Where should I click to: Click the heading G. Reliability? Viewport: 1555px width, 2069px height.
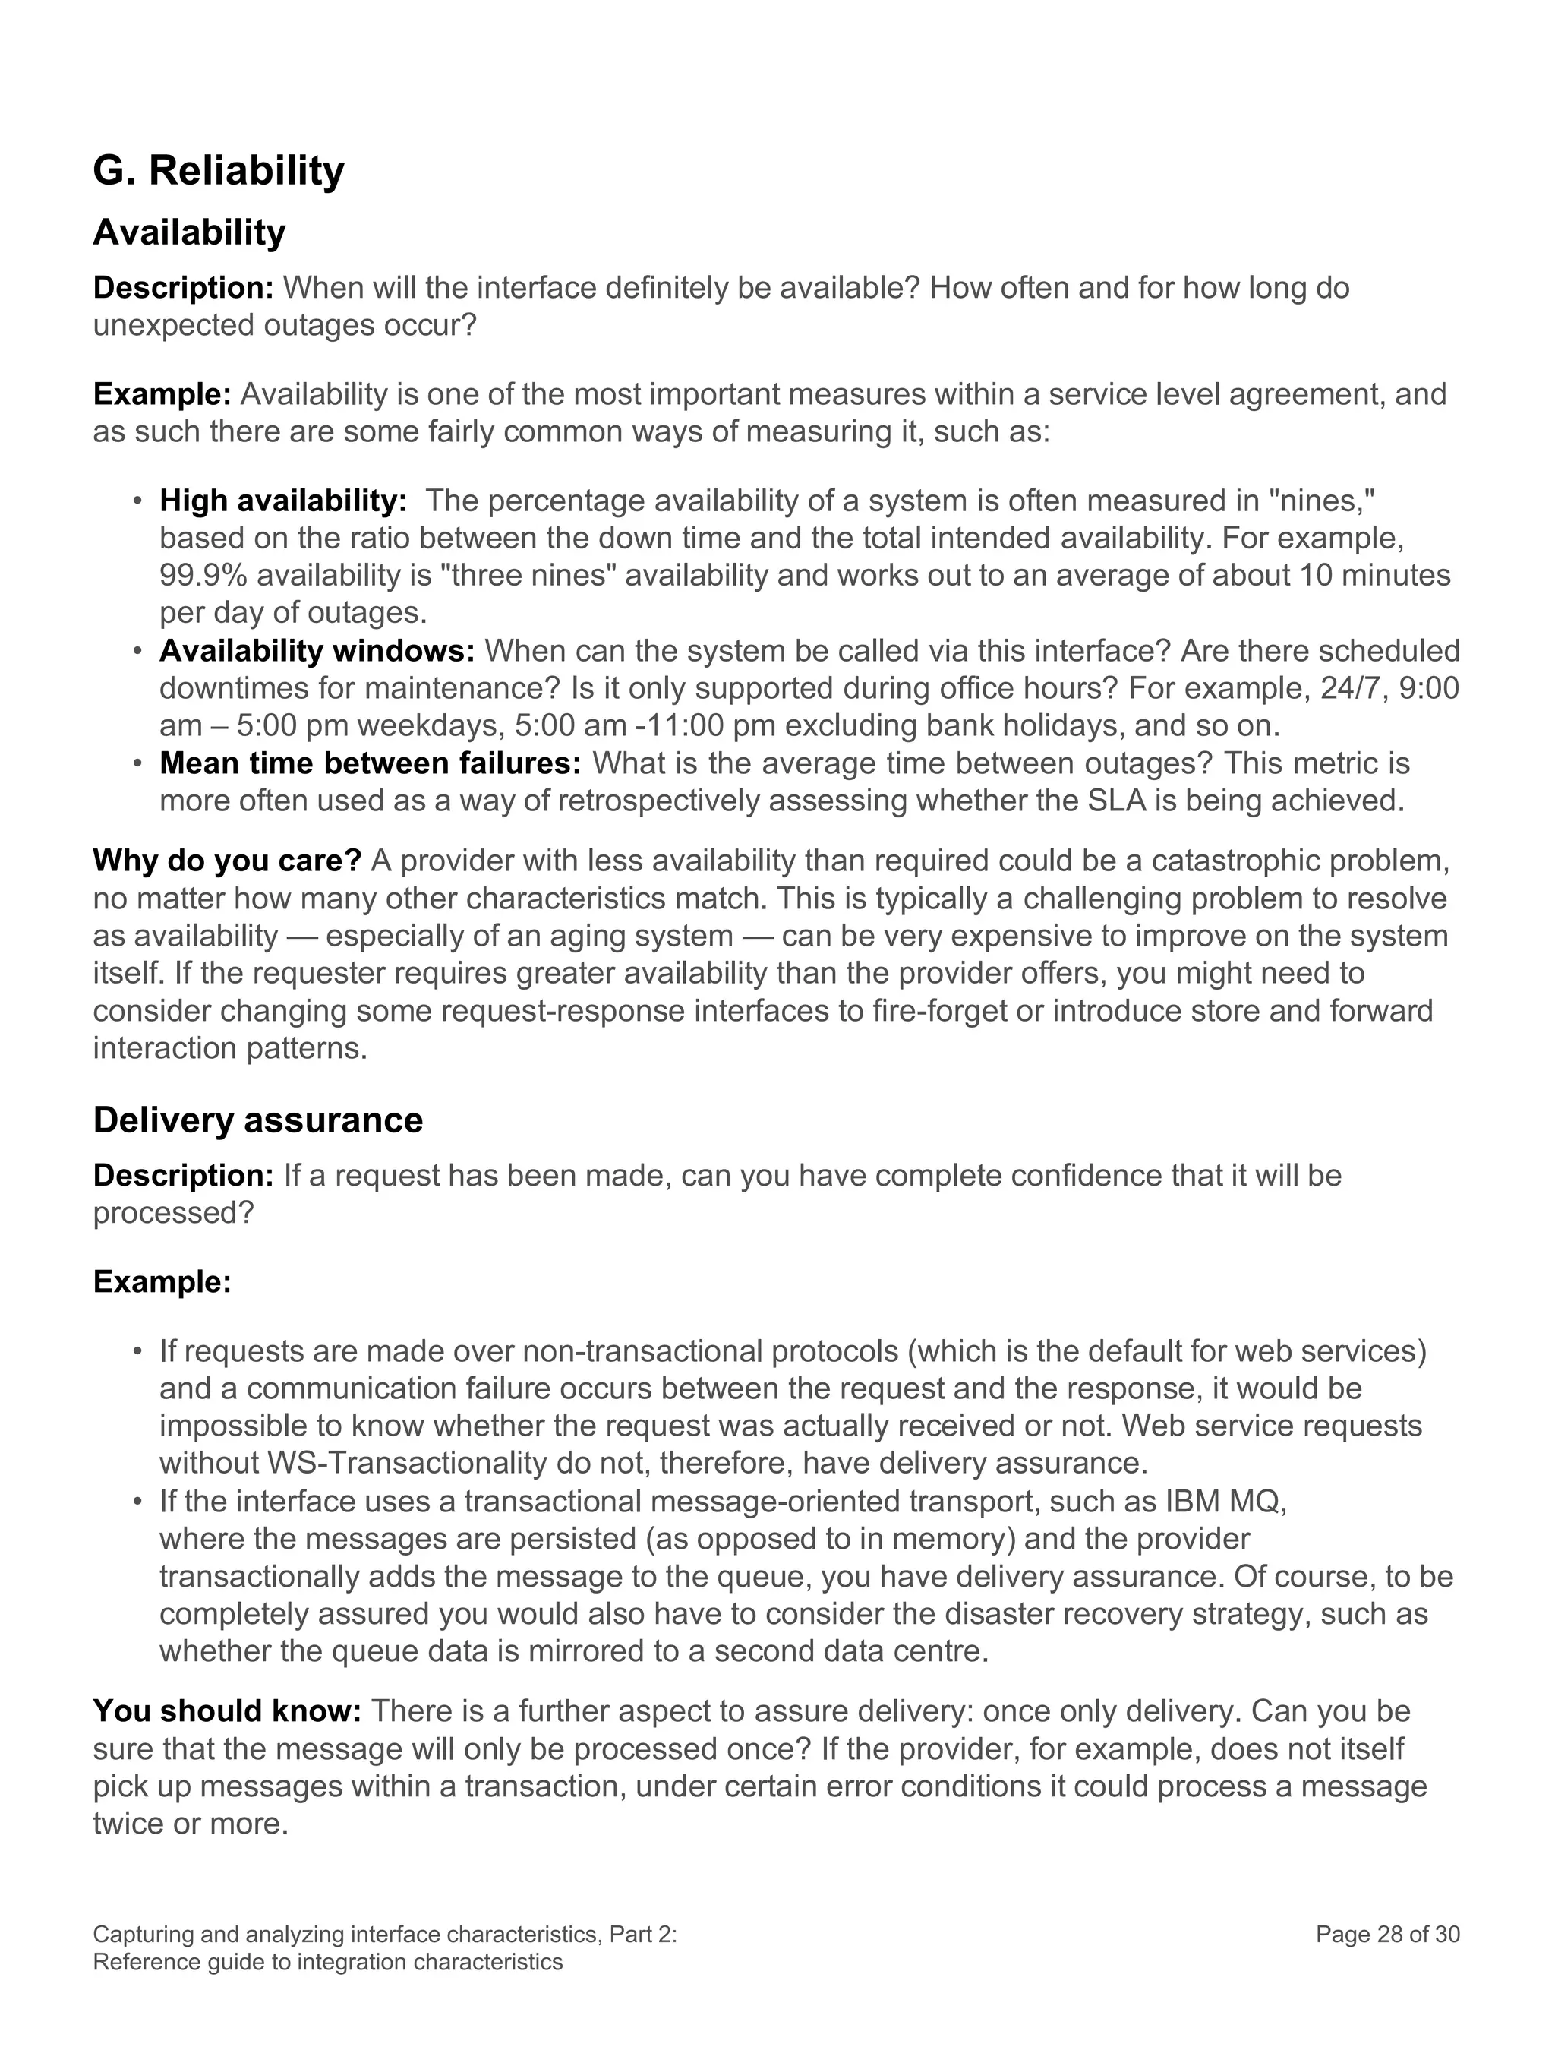[219, 171]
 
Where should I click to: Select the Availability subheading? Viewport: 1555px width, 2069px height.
[189, 232]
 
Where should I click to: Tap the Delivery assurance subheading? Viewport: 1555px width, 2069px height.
[258, 1120]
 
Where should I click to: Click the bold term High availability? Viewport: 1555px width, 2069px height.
[283, 501]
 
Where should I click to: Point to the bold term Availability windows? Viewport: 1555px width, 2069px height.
[317, 650]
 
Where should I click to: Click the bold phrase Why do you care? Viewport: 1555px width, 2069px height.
[227, 861]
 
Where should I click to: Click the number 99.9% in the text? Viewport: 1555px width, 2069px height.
[203, 575]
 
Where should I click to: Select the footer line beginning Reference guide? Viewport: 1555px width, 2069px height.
[327, 1961]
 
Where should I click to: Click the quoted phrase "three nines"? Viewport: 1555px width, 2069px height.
[528, 575]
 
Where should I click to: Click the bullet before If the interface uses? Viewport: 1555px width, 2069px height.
[137, 1502]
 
